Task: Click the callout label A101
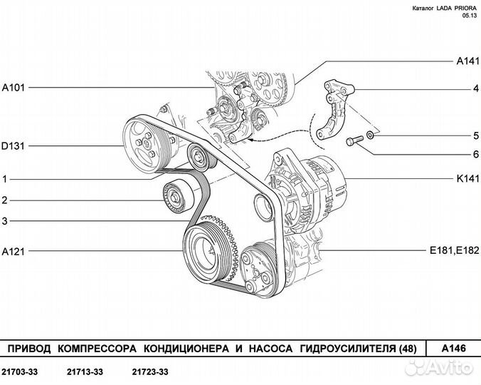14,88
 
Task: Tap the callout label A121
14,251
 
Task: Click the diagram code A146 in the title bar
453,349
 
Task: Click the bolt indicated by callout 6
354,140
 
